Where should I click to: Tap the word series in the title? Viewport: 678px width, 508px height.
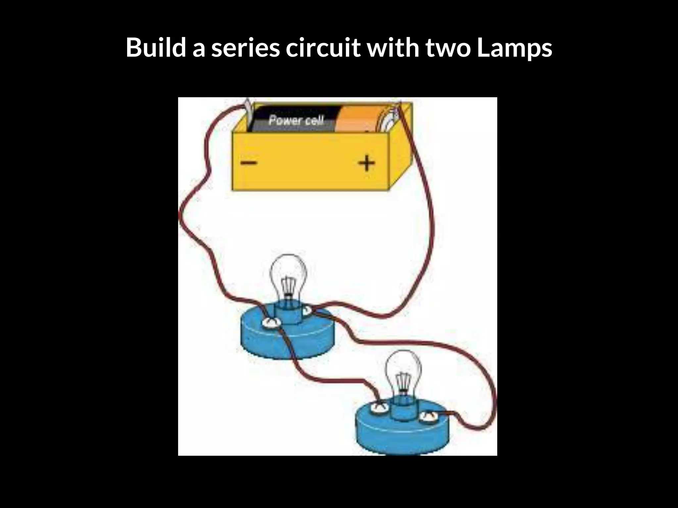click(245, 47)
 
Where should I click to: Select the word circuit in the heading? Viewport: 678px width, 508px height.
click(323, 47)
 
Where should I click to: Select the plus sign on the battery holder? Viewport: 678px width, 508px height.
click(367, 163)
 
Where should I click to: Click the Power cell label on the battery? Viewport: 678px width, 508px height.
click(296, 120)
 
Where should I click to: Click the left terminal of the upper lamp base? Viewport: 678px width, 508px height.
click(271, 323)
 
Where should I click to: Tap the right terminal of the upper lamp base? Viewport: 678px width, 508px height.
click(307, 311)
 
